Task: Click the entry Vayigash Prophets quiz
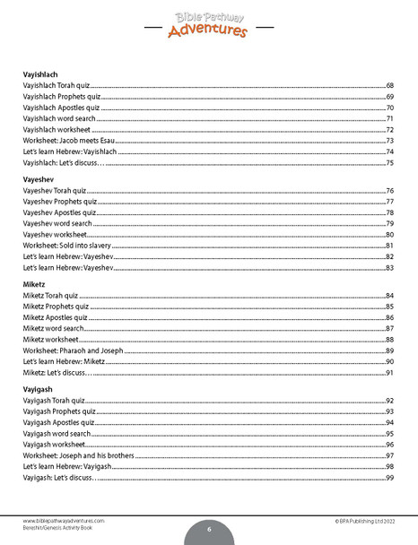tap(58, 411)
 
